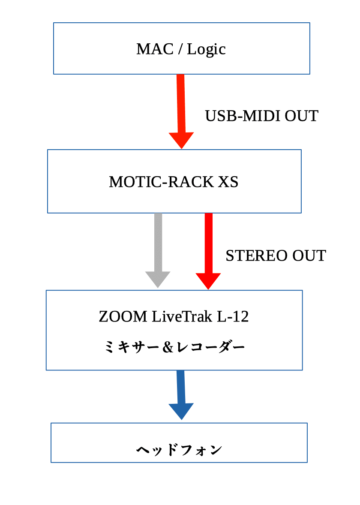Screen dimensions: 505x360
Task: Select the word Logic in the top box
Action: pyautogui.click(x=206, y=49)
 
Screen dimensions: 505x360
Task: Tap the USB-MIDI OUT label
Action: pyautogui.click(x=261, y=116)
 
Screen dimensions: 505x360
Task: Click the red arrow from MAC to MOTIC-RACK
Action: pyautogui.click(x=181, y=107)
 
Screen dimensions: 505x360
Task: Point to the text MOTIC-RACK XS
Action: pyautogui.click(x=174, y=182)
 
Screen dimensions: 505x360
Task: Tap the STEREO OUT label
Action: pyautogui.click(x=276, y=256)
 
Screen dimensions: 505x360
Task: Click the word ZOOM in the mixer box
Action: pyautogui.click(x=123, y=317)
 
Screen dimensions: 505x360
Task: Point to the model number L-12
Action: pyautogui.click(x=233, y=317)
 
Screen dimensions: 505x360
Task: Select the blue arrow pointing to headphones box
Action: pyautogui.click(x=181, y=392)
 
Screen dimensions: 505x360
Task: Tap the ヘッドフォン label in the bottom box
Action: pyautogui.click(x=179, y=450)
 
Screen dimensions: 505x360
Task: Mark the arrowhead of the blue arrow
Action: pyautogui.click(x=181, y=411)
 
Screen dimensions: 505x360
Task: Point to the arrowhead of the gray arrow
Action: pyautogui.click(x=158, y=279)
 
